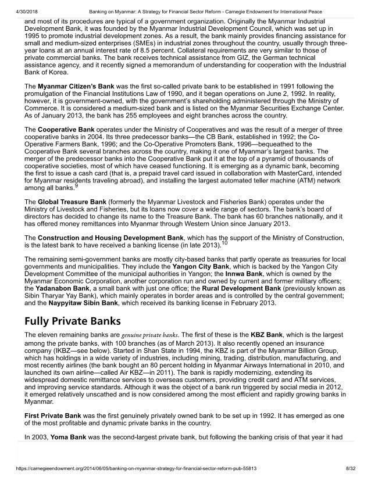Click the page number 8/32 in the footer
[x=351, y=468]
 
